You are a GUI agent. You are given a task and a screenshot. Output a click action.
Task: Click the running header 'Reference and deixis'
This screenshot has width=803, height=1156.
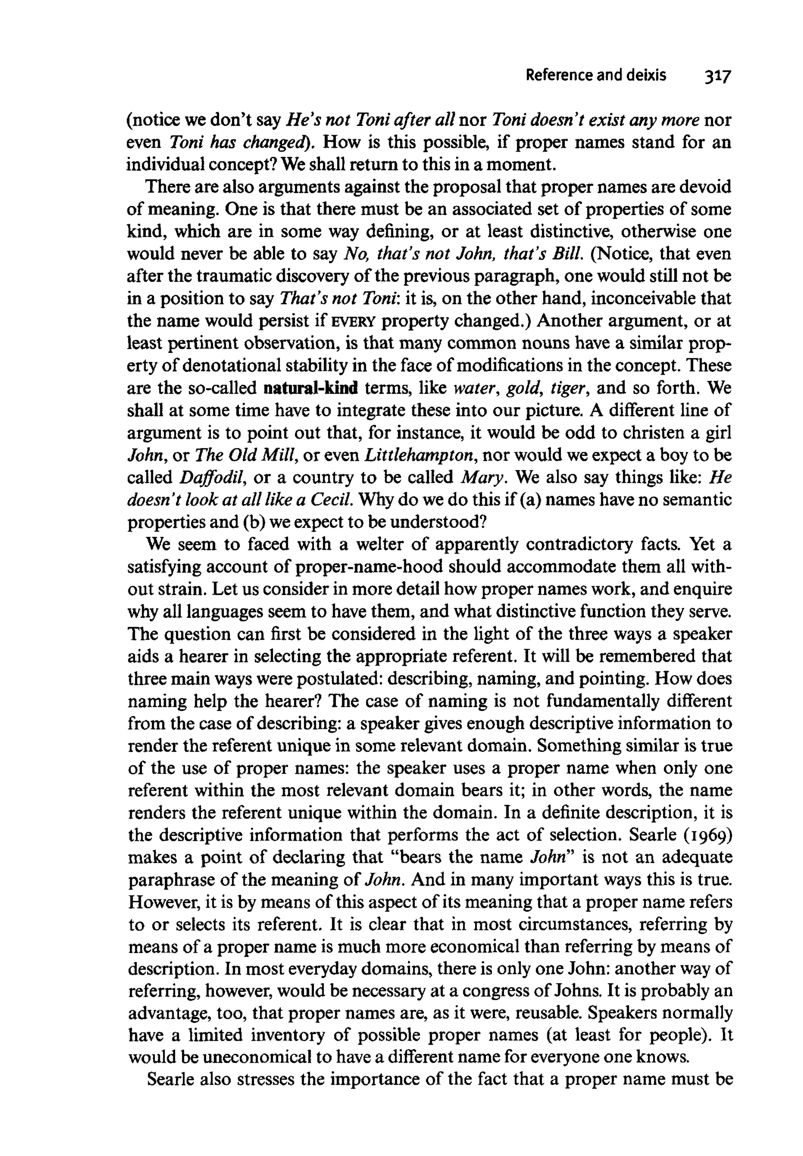[595, 75]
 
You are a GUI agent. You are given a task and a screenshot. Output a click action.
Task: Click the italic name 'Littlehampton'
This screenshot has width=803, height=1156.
[421, 456]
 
